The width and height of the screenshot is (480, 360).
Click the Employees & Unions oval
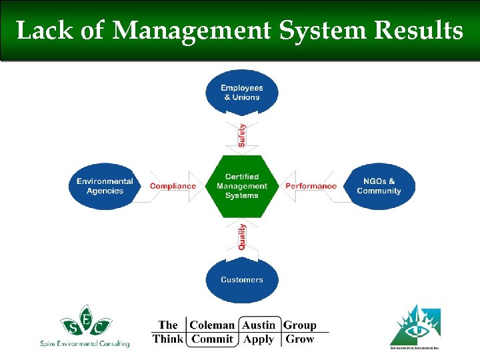(x=241, y=93)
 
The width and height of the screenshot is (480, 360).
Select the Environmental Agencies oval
(x=105, y=186)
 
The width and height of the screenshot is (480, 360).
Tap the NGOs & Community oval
(x=379, y=186)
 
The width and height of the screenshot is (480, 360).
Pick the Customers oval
(x=241, y=279)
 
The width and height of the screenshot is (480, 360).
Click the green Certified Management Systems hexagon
(x=241, y=186)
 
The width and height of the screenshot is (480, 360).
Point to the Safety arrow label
(x=241, y=135)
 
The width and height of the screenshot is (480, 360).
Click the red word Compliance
(x=173, y=186)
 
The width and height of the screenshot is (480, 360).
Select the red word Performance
(x=311, y=186)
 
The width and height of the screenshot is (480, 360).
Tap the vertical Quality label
(x=241, y=237)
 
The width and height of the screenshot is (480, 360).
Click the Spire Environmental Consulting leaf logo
(x=84, y=321)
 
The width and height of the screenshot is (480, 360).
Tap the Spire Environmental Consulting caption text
(x=84, y=343)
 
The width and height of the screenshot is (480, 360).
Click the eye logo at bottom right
(x=415, y=325)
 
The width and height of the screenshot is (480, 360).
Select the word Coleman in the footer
(x=212, y=325)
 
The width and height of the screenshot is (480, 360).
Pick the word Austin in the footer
(x=259, y=325)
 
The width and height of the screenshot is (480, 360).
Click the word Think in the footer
(x=168, y=339)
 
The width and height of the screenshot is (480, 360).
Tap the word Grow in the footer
(x=299, y=339)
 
